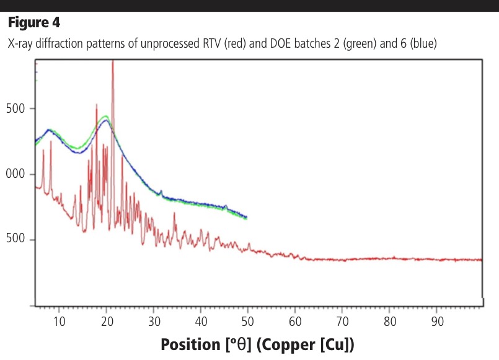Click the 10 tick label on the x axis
pos(58,321)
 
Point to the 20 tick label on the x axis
pos(106,321)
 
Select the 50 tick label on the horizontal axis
pos(247,321)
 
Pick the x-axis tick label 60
pos(295,321)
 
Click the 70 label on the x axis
pos(342,321)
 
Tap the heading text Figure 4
pos(33,24)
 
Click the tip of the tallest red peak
pos(113,61)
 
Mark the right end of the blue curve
pos(247,217)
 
